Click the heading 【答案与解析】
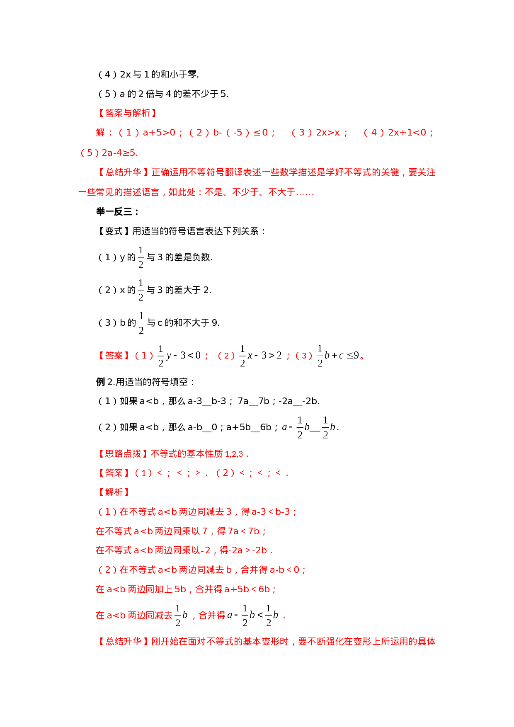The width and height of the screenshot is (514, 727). pos(127,113)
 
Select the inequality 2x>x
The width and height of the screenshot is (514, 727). pos(328,133)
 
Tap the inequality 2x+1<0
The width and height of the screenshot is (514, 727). pos(407,133)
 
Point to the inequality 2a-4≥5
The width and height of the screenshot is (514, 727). pos(118,153)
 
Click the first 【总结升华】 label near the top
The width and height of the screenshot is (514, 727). pos(123,172)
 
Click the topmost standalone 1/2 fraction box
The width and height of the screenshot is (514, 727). pos(141,257)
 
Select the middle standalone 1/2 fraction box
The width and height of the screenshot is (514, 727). pos(141,290)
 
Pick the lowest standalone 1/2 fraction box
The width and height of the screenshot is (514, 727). pos(141,322)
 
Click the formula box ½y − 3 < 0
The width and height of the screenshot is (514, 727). pos(179,356)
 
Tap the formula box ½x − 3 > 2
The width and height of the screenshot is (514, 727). pos(260,356)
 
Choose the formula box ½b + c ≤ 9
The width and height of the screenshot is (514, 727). pos(337,356)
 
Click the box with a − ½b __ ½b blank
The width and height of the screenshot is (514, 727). pos(308,427)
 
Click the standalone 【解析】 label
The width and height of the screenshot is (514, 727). pos(114,492)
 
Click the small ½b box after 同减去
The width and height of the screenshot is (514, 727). pos(181,615)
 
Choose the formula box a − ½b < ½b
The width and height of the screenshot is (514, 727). pos(252,615)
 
